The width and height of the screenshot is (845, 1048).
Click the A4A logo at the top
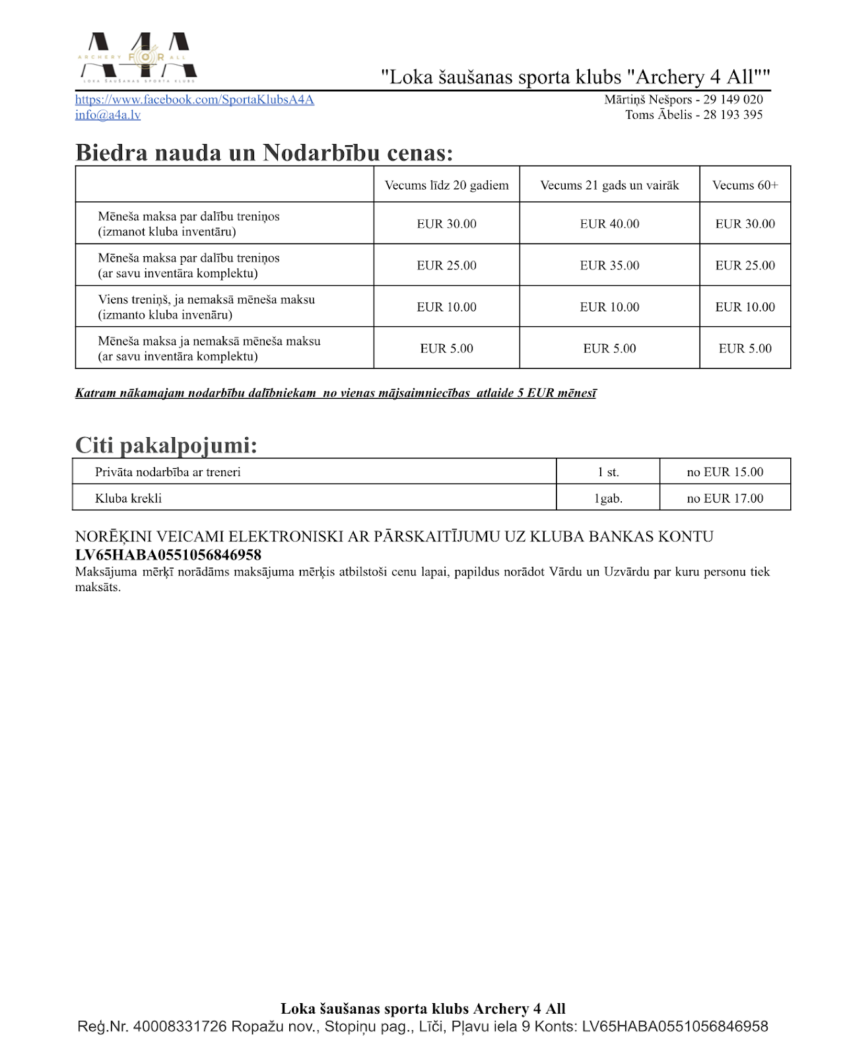tap(137, 57)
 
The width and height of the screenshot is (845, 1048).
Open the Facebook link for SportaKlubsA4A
tap(194, 100)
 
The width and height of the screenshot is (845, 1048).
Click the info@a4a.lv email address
tap(108, 115)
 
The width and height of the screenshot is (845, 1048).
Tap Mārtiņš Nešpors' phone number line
tap(683, 100)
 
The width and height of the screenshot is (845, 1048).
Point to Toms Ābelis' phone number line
tap(694, 115)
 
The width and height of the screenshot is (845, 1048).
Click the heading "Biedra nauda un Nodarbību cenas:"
tap(264, 153)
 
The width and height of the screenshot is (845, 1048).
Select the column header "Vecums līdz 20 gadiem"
tap(447, 185)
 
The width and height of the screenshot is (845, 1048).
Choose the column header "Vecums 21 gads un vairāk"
tap(609, 185)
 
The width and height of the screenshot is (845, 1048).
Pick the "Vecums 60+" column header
tap(745, 185)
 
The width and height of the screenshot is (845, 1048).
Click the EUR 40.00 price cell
tap(609, 224)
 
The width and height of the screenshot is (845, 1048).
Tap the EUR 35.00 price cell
tap(609, 265)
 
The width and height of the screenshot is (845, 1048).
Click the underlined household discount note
tap(335, 393)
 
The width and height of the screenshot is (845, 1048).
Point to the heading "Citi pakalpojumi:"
tap(166, 445)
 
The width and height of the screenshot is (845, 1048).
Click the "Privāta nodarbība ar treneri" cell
tap(168, 472)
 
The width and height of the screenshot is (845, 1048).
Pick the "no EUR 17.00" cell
tap(725, 499)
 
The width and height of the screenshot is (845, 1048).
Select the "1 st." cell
tap(608, 472)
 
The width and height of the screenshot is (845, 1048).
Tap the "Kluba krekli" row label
tap(128, 499)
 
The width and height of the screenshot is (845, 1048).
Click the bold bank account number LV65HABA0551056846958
tap(168, 555)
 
